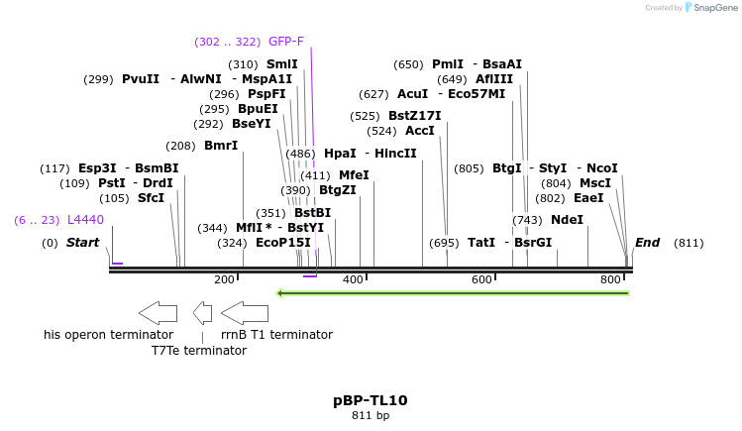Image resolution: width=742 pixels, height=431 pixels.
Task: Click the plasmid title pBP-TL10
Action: pyautogui.click(x=371, y=400)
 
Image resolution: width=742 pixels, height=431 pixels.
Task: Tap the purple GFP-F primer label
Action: pyautogui.click(x=286, y=42)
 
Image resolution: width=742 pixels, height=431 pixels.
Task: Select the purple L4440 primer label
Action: pyautogui.click(x=85, y=220)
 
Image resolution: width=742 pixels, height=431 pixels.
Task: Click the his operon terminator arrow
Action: pyautogui.click(x=158, y=313)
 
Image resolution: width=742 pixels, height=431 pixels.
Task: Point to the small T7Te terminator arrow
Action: pyautogui.click(x=202, y=313)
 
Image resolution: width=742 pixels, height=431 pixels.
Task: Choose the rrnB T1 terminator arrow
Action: pyautogui.click(x=245, y=313)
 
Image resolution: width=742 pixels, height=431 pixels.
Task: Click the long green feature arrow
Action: pyautogui.click(x=453, y=293)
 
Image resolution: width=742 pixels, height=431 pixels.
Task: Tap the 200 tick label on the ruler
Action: pyautogui.click(x=224, y=280)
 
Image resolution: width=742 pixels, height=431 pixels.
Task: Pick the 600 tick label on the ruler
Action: pyautogui.click(x=481, y=280)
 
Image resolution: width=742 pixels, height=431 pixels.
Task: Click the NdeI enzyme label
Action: pyautogui.click(x=567, y=220)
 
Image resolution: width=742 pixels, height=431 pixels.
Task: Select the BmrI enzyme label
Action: pyautogui.click(x=221, y=146)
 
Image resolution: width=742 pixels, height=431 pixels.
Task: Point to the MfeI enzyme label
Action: pyautogui.click(x=354, y=175)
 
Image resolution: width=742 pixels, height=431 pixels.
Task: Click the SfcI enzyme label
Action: pyautogui.click(x=151, y=198)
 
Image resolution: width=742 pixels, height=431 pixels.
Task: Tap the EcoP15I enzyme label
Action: pyautogui.click(x=283, y=243)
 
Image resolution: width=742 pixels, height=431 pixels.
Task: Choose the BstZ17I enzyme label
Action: pyautogui.click(x=414, y=116)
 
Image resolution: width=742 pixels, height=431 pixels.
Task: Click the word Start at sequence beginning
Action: pyautogui.click(x=83, y=243)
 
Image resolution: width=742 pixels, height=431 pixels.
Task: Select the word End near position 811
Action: pyautogui.click(x=647, y=243)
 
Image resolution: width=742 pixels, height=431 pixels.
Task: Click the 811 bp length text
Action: pyautogui.click(x=371, y=416)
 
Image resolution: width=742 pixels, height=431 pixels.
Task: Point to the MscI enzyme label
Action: pyautogui.click(x=595, y=183)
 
